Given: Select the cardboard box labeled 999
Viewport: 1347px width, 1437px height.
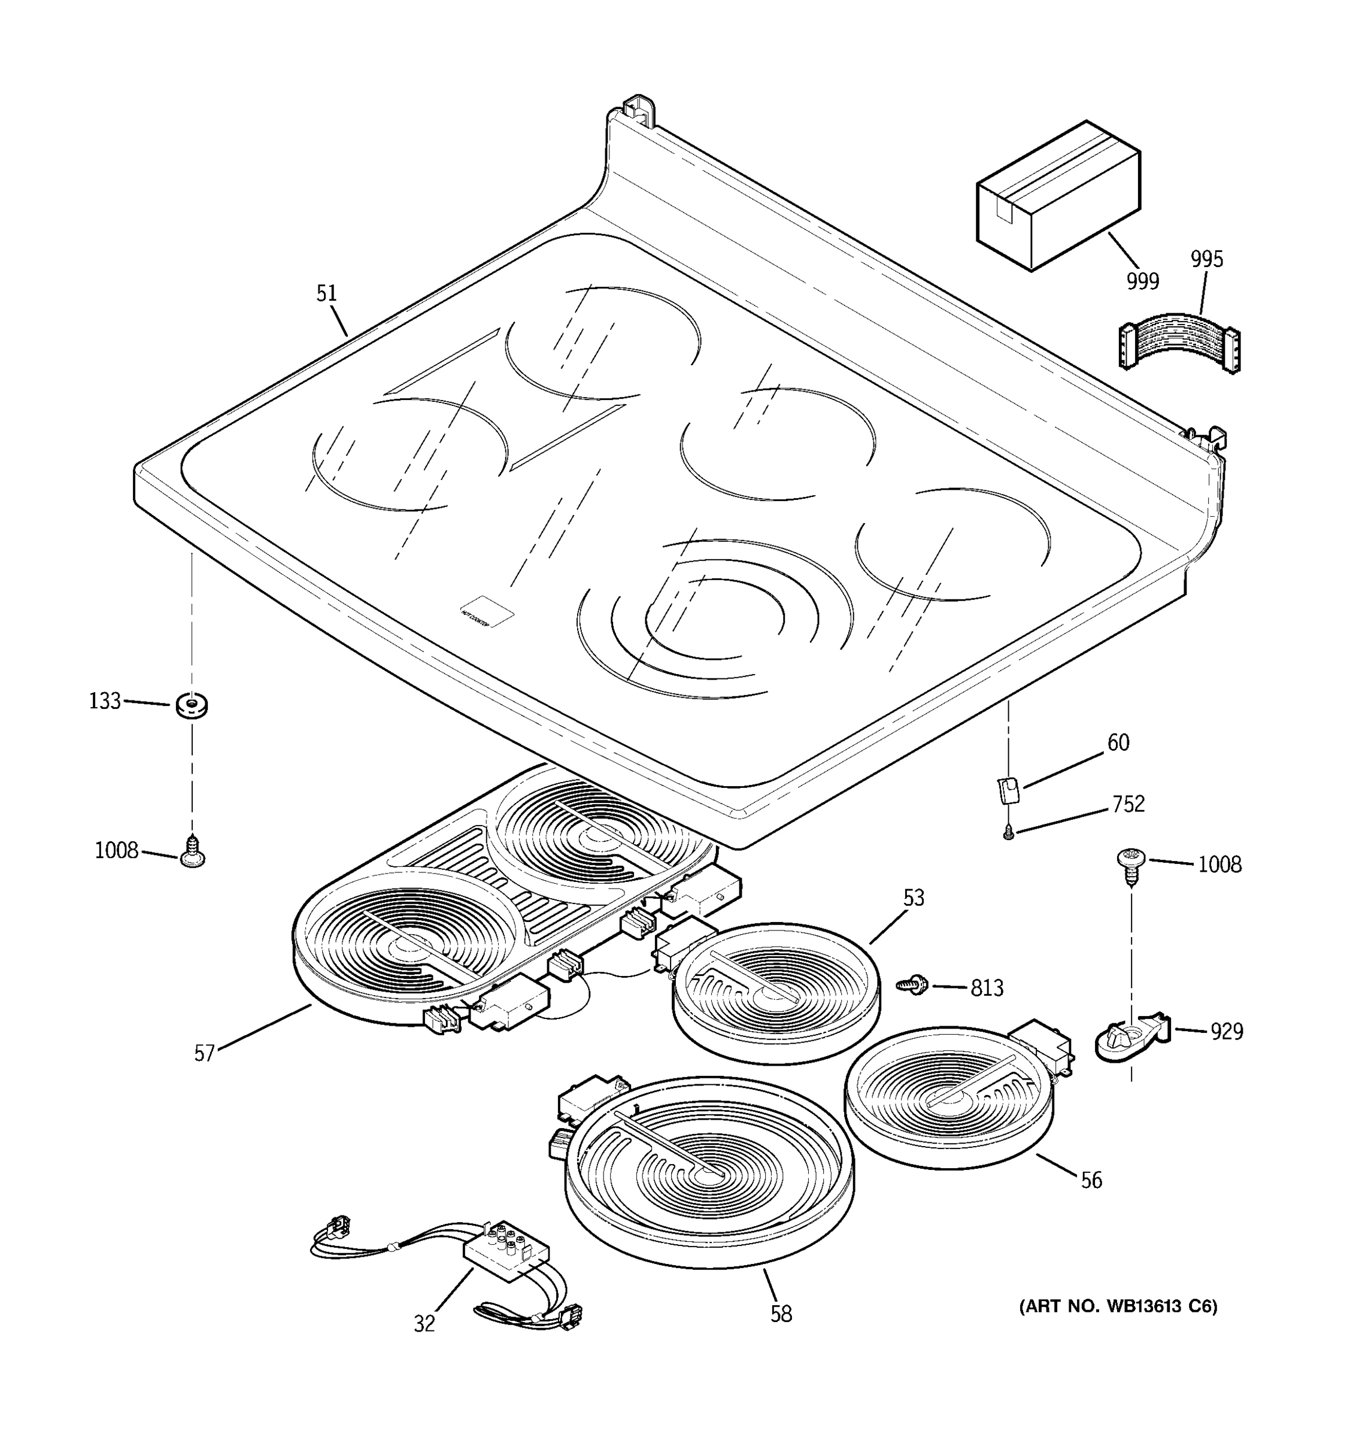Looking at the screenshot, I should click(1057, 196).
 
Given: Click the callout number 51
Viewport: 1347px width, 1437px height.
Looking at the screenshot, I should click(327, 293).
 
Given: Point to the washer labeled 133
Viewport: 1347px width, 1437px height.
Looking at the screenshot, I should click(192, 705).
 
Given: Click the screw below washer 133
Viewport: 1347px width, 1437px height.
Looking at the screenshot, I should click(192, 851).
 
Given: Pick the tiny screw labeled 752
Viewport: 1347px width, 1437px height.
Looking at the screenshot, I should click(1009, 835).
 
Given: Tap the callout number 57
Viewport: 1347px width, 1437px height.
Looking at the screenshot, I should click(205, 1053).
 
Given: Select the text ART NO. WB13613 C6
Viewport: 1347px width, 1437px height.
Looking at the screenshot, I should click(1118, 1306).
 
